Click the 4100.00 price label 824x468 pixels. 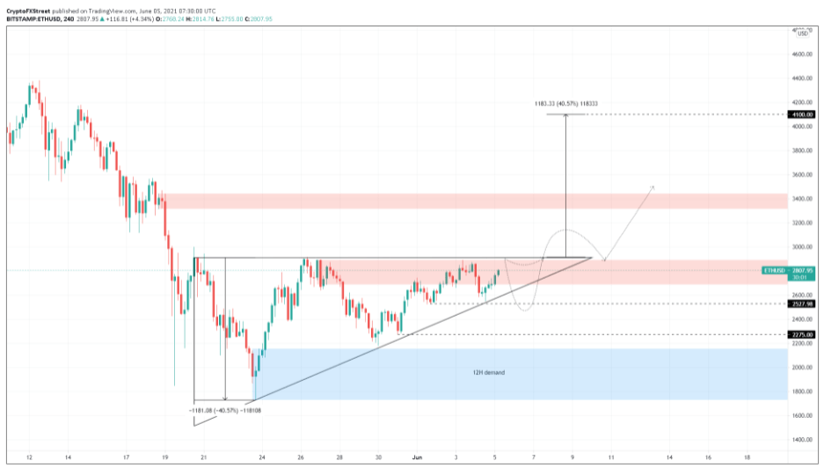click(801, 114)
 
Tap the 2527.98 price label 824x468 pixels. click(801, 304)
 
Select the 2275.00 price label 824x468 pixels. click(801, 334)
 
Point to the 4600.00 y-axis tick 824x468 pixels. click(801, 55)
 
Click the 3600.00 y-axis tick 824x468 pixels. click(801, 175)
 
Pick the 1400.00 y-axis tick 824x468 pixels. click(801, 440)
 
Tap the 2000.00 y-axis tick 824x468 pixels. click(801, 368)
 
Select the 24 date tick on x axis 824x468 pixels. click(262, 458)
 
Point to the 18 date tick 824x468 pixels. click(747, 458)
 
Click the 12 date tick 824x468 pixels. click(29, 458)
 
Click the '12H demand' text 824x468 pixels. click(489, 373)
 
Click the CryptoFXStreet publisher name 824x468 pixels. click(27, 6)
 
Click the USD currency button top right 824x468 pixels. click(802, 32)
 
